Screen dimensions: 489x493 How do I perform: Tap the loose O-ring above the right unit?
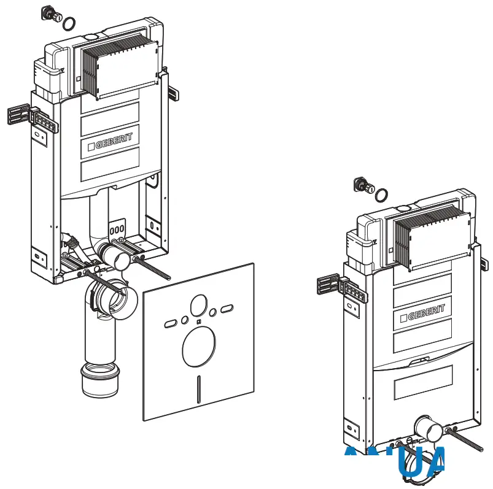[381, 195]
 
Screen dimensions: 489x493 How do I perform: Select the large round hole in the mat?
[199, 347]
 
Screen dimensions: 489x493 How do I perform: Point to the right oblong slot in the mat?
[228, 308]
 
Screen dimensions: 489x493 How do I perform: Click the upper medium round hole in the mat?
[199, 304]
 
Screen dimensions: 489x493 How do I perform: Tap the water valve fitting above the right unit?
[362, 185]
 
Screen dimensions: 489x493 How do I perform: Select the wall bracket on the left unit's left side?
[18, 115]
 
